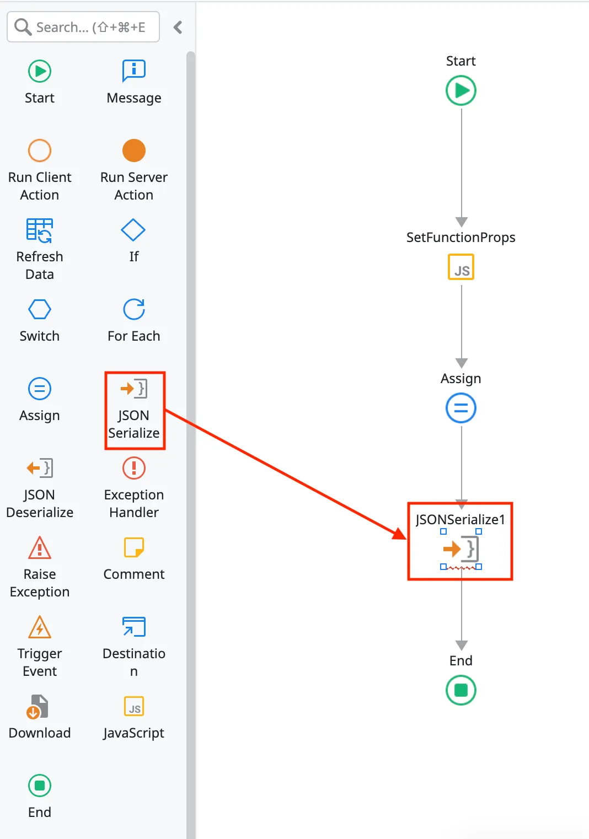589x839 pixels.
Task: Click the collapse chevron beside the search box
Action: click(x=178, y=27)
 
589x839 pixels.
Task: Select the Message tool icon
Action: click(x=133, y=71)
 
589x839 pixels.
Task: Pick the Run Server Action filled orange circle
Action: click(x=133, y=150)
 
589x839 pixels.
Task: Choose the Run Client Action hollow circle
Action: click(x=40, y=150)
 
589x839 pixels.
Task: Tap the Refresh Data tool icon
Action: click(x=40, y=230)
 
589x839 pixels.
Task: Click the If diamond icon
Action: click(x=133, y=230)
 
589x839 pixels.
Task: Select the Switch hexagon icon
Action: click(x=40, y=309)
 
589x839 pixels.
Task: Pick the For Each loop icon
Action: click(x=133, y=309)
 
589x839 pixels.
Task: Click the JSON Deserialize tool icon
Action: click(x=40, y=468)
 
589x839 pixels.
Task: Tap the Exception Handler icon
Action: click(x=133, y=468)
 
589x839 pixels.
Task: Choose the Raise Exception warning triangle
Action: click(x=40, y=547)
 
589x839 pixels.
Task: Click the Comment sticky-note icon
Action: click(x=133, y=547)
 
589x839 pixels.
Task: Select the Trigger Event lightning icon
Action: click(x=40, y=627)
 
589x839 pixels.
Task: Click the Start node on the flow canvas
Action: click(x=461, y=90)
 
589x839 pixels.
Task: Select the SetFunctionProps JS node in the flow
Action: click(x=461, y=267)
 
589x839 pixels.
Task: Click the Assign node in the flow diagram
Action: click(x=461, y=408)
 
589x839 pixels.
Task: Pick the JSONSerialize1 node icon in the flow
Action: click(x=461, y=549)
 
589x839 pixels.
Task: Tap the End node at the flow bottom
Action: click(x=461, y=690)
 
